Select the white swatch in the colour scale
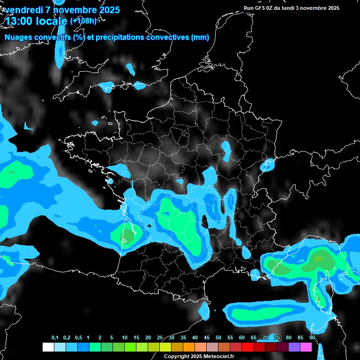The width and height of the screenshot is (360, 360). pos(48,347)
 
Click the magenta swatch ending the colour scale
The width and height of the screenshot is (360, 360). pos(306,347)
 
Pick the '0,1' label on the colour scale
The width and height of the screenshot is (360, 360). pos(54,338)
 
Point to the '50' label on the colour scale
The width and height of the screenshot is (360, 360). pos(218,338)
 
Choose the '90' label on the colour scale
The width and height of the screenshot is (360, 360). pos(312,338)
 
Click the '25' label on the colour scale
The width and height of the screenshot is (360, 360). pos(160,338)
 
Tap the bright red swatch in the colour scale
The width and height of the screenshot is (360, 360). pos(247,347)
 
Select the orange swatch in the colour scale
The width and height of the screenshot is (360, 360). pos(189,347)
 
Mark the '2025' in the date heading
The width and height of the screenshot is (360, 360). pos(107,10)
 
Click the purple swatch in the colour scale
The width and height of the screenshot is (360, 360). pos(294,347)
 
